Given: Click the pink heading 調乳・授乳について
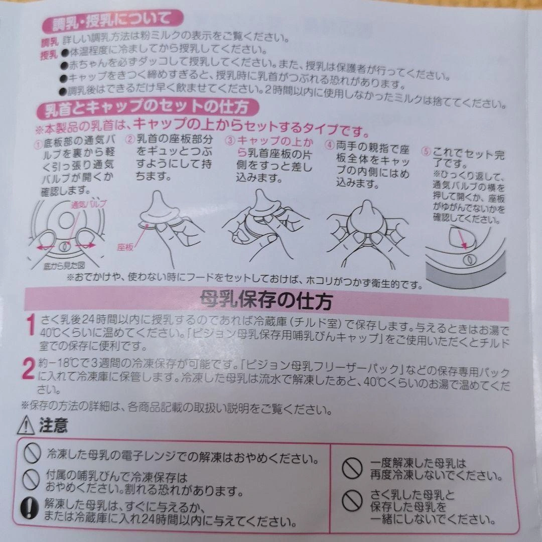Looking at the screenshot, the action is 111,22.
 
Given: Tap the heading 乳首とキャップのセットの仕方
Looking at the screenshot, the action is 147,107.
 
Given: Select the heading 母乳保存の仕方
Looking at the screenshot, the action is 266,301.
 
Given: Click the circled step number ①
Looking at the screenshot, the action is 38,145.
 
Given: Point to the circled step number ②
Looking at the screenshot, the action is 130,140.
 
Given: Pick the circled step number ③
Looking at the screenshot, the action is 230,141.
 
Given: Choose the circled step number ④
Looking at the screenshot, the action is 329,145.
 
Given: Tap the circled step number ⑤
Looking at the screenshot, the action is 426,152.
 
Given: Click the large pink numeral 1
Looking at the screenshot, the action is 31,324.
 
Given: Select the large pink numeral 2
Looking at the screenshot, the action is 28,369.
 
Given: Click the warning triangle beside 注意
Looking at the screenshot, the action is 26,425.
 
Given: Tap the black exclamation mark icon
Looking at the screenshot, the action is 30,509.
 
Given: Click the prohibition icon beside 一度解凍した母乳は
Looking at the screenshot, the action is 352,469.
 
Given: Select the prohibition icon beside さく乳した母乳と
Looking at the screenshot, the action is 352,501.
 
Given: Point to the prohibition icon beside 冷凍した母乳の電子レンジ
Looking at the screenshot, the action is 32,453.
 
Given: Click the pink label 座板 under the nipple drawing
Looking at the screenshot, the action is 125,247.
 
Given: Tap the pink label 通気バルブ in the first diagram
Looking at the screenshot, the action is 89,204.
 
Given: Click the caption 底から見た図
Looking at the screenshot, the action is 64,265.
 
